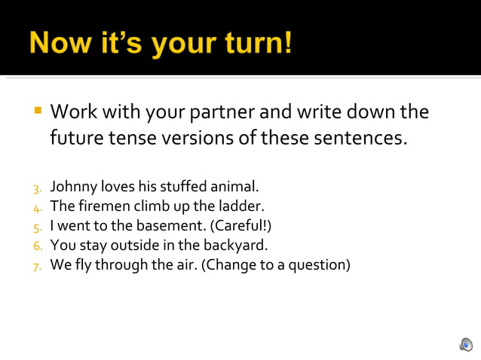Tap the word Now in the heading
[59, 43]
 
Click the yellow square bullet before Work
[37, 111]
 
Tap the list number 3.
[37, 186]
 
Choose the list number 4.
[37, 206]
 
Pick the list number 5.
[37, 226]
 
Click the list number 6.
[37, 246]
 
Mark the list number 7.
[37, 266]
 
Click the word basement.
[167, 225]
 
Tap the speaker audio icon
[466, 344]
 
